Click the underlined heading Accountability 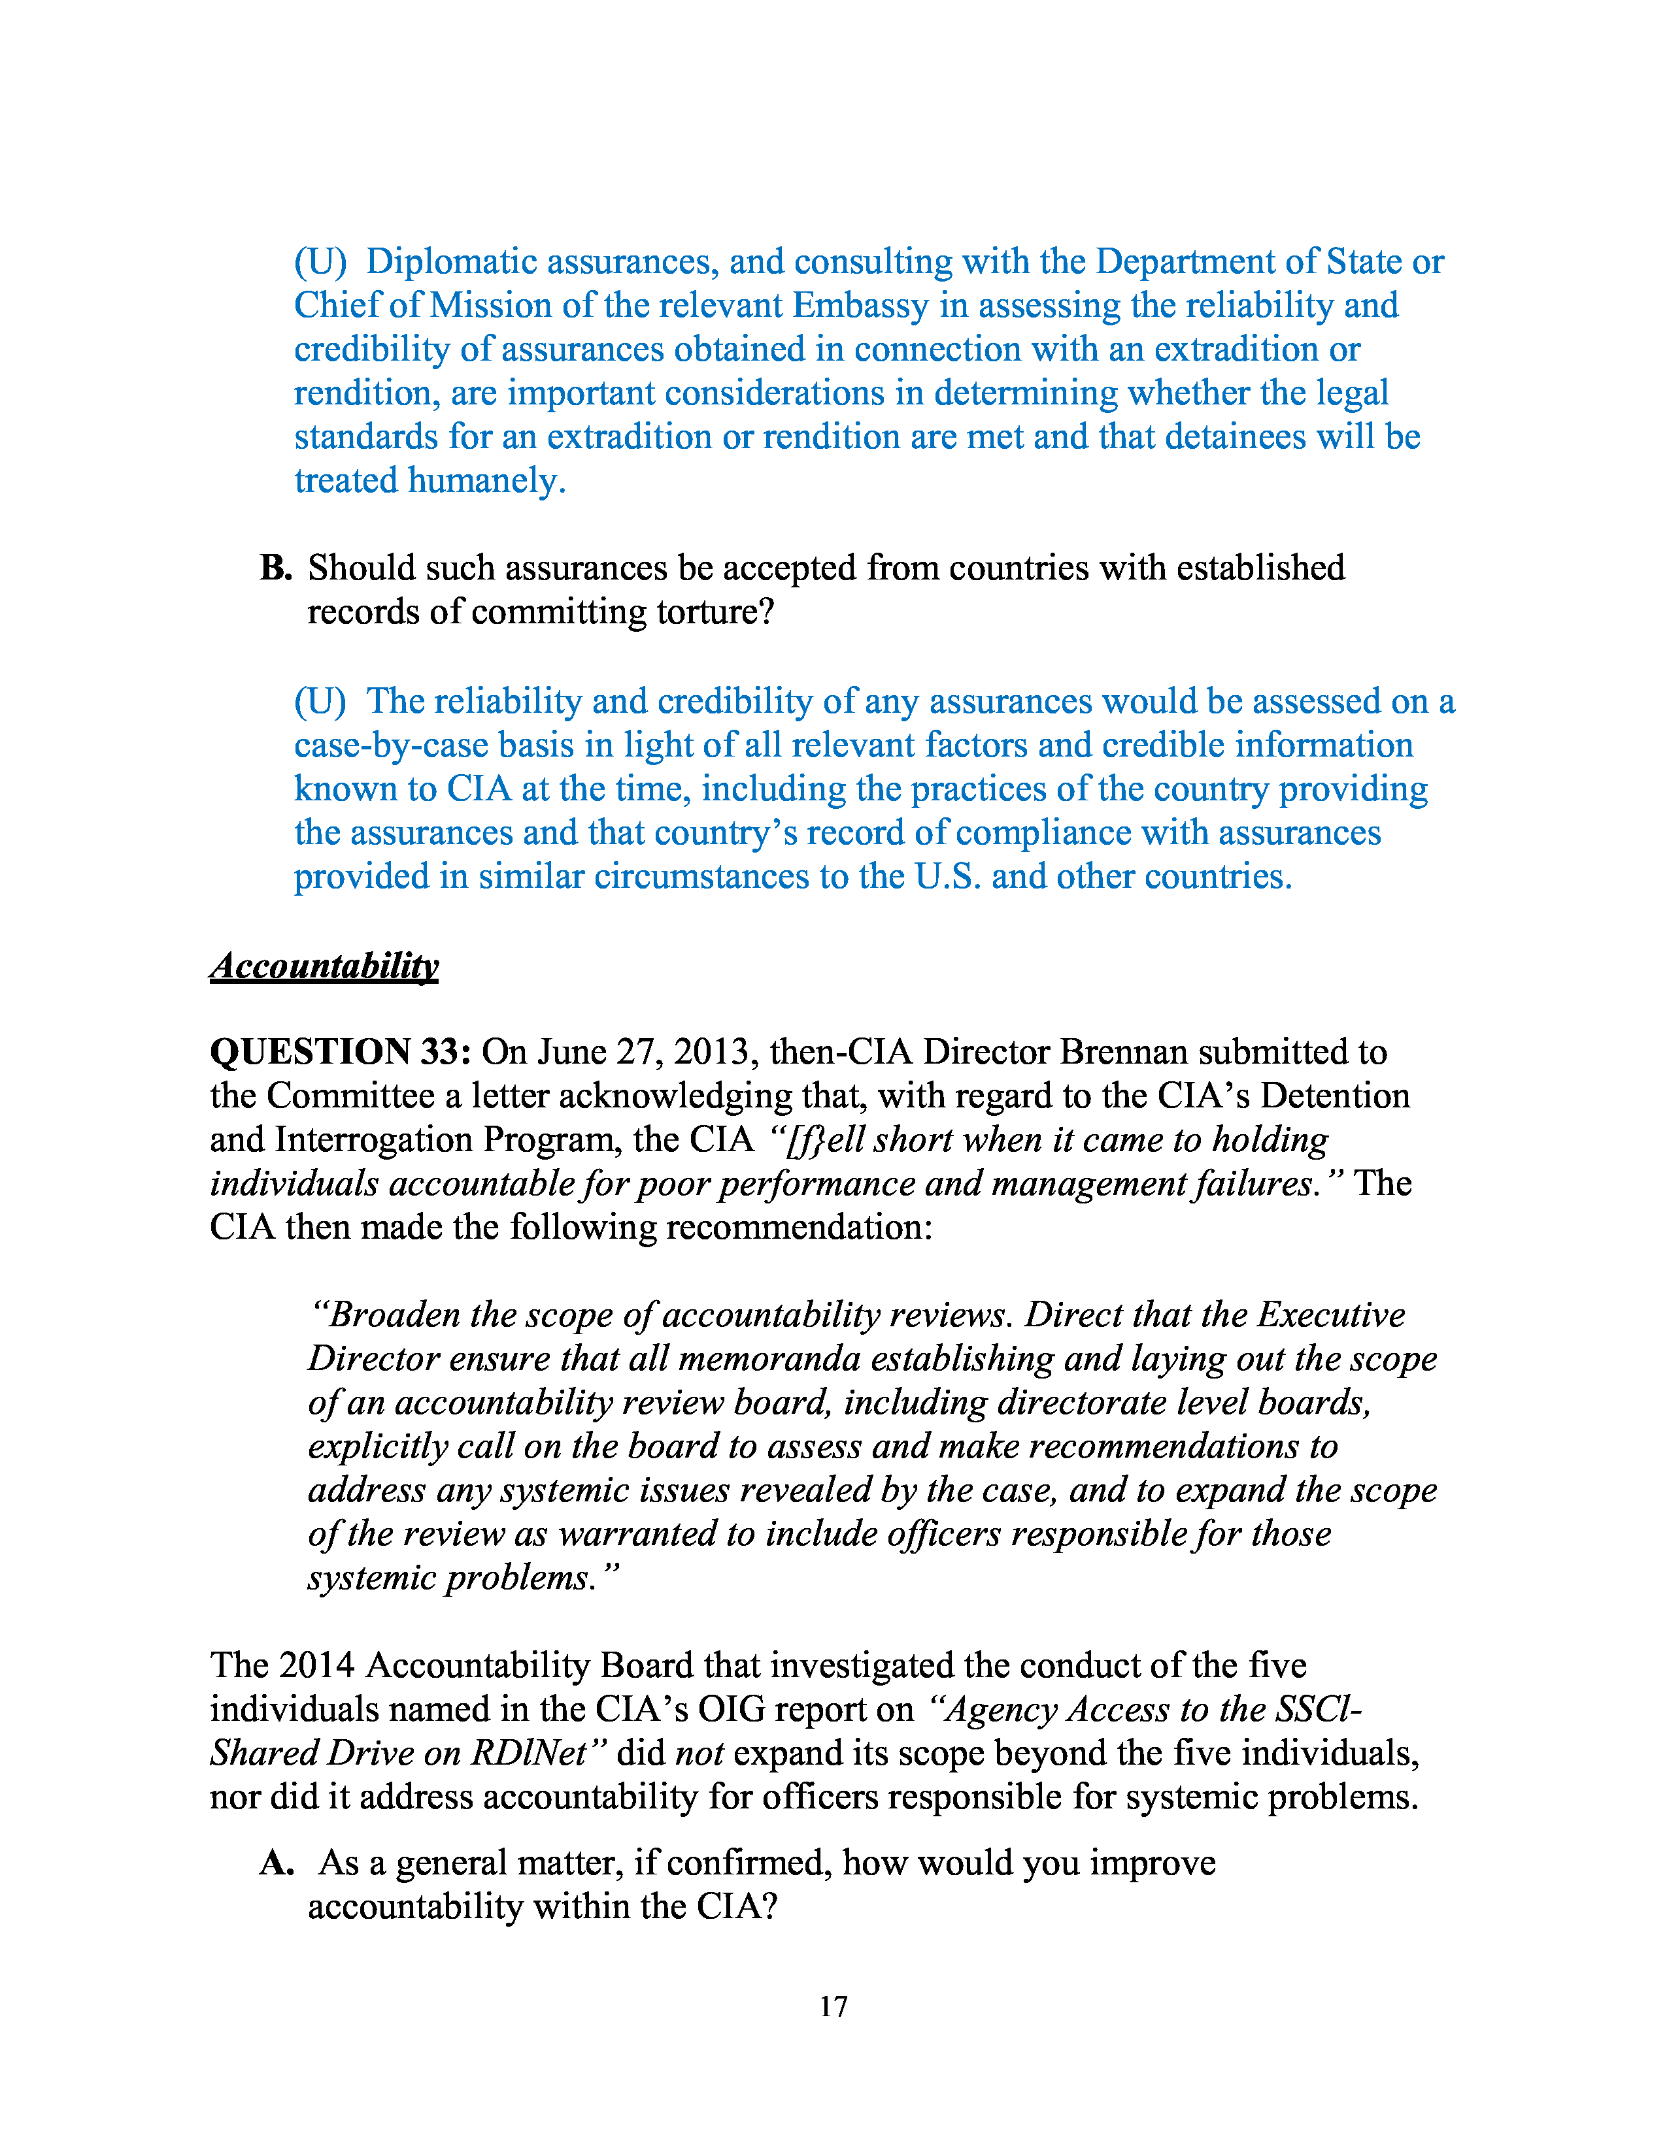pos(324,966)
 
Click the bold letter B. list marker pos(275,568)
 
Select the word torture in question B pos(718,612)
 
